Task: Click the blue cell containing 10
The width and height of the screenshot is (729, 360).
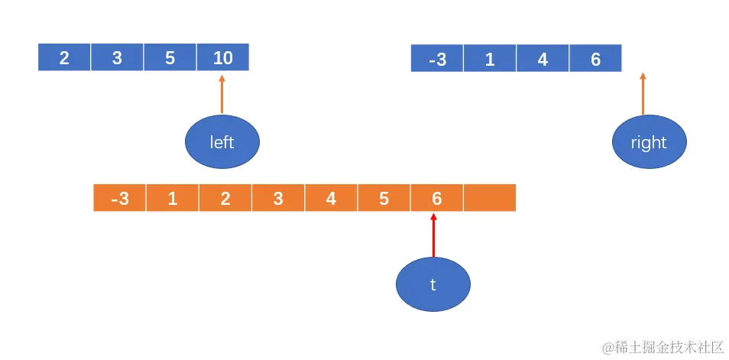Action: pos(222,57)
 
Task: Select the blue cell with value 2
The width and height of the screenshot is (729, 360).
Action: pos(64,57)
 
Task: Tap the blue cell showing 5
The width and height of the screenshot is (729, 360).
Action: pos(170,57)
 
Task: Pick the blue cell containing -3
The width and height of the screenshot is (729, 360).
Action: pos(437,59)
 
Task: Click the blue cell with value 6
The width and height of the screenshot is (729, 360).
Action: pos(595,59)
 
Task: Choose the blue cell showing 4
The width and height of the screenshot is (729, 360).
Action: pos(543,59)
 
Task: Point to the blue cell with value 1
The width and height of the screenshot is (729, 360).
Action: pos(490,59)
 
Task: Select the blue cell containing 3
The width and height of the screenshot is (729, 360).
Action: pos(117,57)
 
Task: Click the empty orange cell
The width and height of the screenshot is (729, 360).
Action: pos(490,198)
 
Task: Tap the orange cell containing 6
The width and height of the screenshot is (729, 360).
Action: pos(436,198)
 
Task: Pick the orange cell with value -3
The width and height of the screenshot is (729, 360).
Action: pos(119,198)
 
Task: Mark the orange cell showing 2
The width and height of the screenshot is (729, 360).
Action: pos(225,198)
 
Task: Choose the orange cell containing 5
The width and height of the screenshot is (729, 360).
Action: pos(384,198)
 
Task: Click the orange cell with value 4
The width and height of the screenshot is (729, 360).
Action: pos(331,198)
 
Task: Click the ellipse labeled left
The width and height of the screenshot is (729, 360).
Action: pos(222,141)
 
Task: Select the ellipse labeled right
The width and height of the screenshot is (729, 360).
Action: pos(650,142)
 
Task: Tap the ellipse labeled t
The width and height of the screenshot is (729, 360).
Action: pos(433,284)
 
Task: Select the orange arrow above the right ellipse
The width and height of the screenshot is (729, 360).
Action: pos(643,94)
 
